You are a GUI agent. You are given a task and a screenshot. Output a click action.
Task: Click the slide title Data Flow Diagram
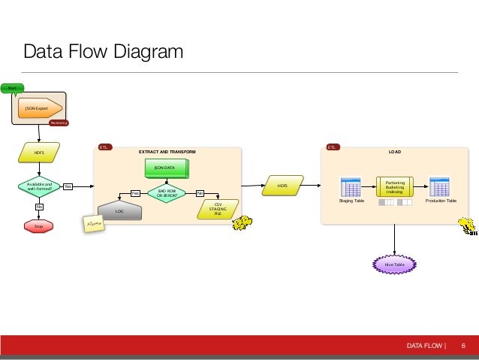104,52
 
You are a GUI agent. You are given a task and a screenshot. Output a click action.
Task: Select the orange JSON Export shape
38,108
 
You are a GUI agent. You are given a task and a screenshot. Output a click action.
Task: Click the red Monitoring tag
59,123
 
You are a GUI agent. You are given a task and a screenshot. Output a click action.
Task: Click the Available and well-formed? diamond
39,186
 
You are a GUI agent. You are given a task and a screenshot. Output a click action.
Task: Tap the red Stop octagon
39,225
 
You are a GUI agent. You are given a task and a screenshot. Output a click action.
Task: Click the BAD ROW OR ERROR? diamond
166,193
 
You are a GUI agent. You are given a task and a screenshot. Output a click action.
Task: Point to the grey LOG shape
120,211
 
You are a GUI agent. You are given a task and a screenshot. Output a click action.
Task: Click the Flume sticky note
95,223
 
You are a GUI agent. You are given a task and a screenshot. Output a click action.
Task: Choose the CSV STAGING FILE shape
218,208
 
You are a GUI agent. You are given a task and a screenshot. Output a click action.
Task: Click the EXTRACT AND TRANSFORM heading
167,152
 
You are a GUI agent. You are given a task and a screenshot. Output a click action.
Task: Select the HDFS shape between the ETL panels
282,185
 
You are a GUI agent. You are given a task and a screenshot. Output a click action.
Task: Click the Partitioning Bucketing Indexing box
395,187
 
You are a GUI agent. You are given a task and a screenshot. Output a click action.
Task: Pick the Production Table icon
439,188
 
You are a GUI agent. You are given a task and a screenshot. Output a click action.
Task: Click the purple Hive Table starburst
394,265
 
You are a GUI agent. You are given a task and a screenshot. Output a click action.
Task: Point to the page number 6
463,346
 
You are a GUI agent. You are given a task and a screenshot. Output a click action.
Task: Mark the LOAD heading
394,152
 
